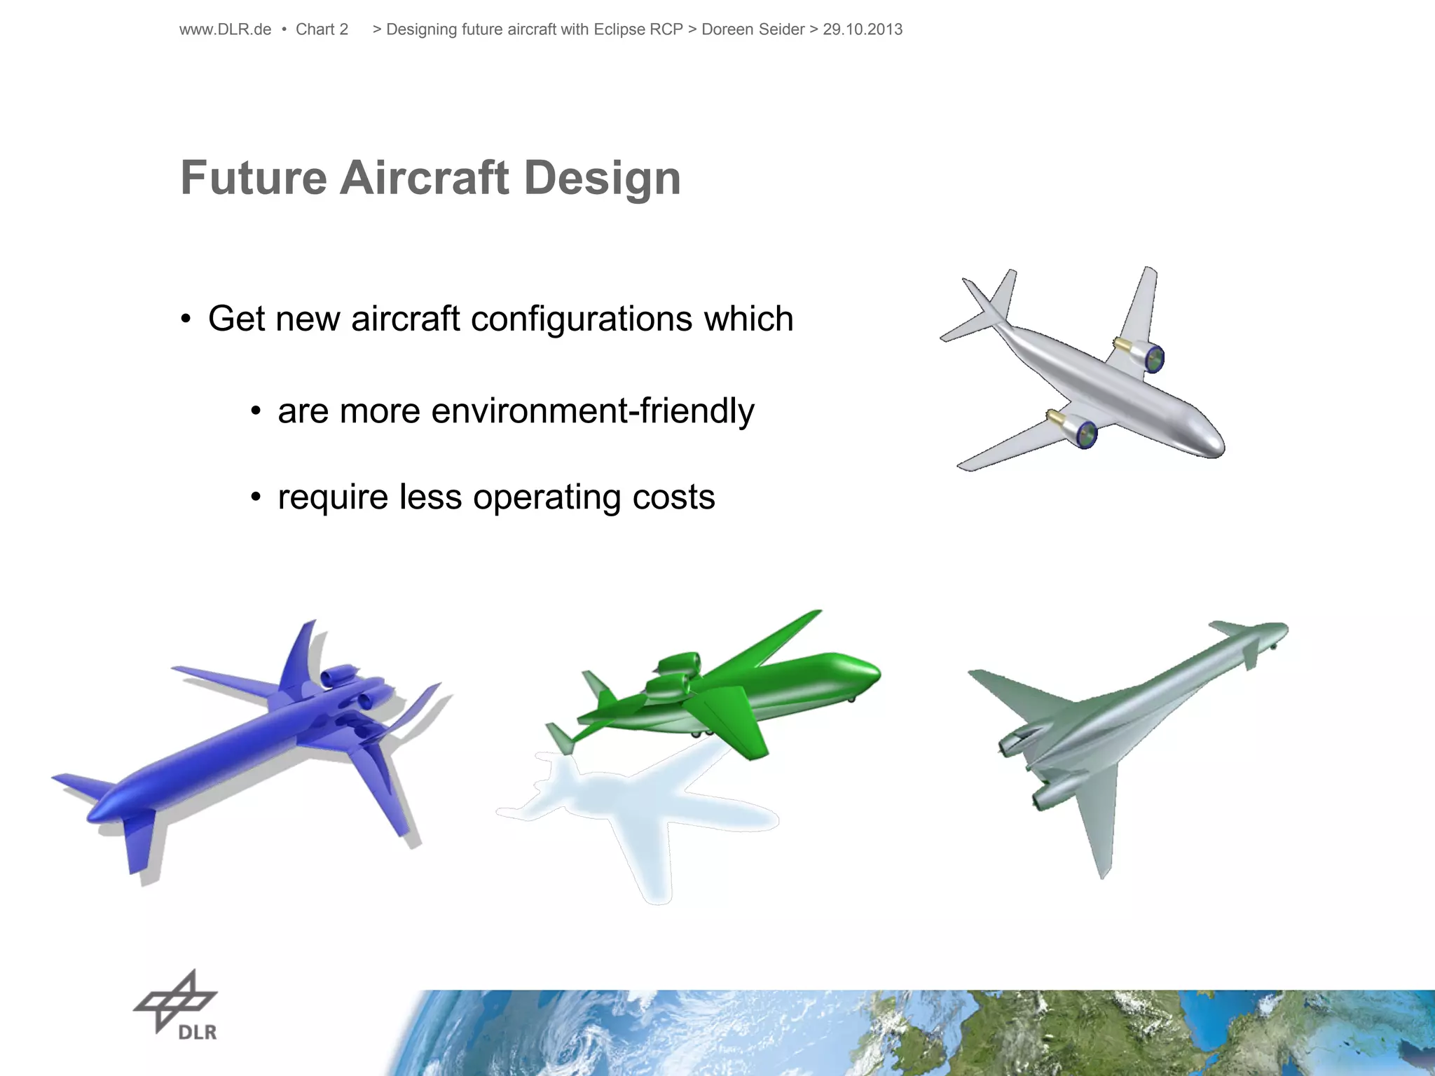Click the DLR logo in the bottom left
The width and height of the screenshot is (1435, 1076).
pos(177,1005)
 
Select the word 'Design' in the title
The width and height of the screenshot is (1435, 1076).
pos(602,178)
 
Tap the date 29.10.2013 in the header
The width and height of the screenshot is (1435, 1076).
pos(863,29)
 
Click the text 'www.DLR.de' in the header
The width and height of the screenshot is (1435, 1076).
pos(225,29)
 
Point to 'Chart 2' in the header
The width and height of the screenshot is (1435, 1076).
pos(322,29)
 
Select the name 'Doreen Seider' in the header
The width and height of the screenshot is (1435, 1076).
pos(753,29)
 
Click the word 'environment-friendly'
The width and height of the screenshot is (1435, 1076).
pos(593,411)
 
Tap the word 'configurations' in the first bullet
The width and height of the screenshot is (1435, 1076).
pos(582,319)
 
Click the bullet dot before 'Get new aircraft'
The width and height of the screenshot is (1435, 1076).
pos(186,320)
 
